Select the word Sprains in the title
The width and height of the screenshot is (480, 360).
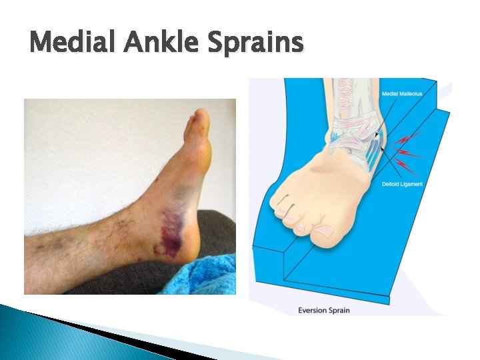click(x=255, y=44)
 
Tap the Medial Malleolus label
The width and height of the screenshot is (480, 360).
click(x=402, y=94)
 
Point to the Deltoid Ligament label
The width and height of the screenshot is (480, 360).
click(x=402, y=184)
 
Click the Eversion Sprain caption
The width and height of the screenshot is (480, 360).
click(x=323, y=310)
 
